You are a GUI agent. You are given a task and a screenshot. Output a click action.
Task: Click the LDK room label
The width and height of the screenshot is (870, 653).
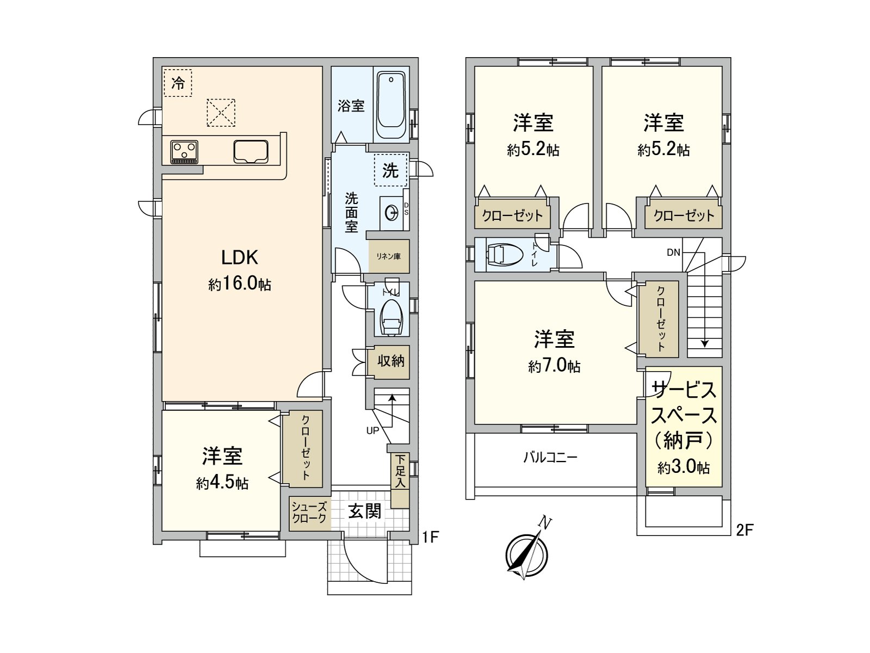click(239, 257)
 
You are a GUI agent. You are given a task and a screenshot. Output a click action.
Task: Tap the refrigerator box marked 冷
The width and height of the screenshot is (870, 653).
click(178, 83)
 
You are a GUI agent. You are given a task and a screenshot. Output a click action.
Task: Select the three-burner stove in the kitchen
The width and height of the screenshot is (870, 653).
click(184, 151)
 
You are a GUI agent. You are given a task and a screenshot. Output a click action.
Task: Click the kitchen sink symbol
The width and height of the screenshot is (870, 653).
click(251, 151)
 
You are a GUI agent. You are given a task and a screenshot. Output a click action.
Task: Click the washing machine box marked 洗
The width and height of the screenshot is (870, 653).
click(390, 171)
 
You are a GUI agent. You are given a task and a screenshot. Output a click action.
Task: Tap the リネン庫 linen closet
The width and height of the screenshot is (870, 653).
click(389, 256)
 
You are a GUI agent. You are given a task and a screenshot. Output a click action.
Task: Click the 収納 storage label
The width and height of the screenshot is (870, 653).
click(390, 361)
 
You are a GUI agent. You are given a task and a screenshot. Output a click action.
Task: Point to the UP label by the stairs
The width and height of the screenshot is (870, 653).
click(372, 430)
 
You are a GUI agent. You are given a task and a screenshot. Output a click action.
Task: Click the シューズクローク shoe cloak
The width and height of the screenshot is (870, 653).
click(309, 513)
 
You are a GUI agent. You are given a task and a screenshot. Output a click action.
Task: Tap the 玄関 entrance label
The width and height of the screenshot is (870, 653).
click(364, 511)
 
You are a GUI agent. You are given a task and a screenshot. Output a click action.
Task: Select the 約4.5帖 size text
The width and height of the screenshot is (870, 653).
click(222, 483)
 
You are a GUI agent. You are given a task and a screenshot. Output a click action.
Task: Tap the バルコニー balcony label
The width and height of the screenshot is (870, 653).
click(550, 457)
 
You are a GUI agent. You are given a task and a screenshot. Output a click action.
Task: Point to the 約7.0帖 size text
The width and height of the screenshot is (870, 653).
click(554, 366)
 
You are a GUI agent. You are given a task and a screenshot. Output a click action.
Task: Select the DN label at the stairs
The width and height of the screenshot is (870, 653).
click(673, 252)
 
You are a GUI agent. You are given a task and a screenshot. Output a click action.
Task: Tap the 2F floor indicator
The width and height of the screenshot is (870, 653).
click(744, 529)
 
